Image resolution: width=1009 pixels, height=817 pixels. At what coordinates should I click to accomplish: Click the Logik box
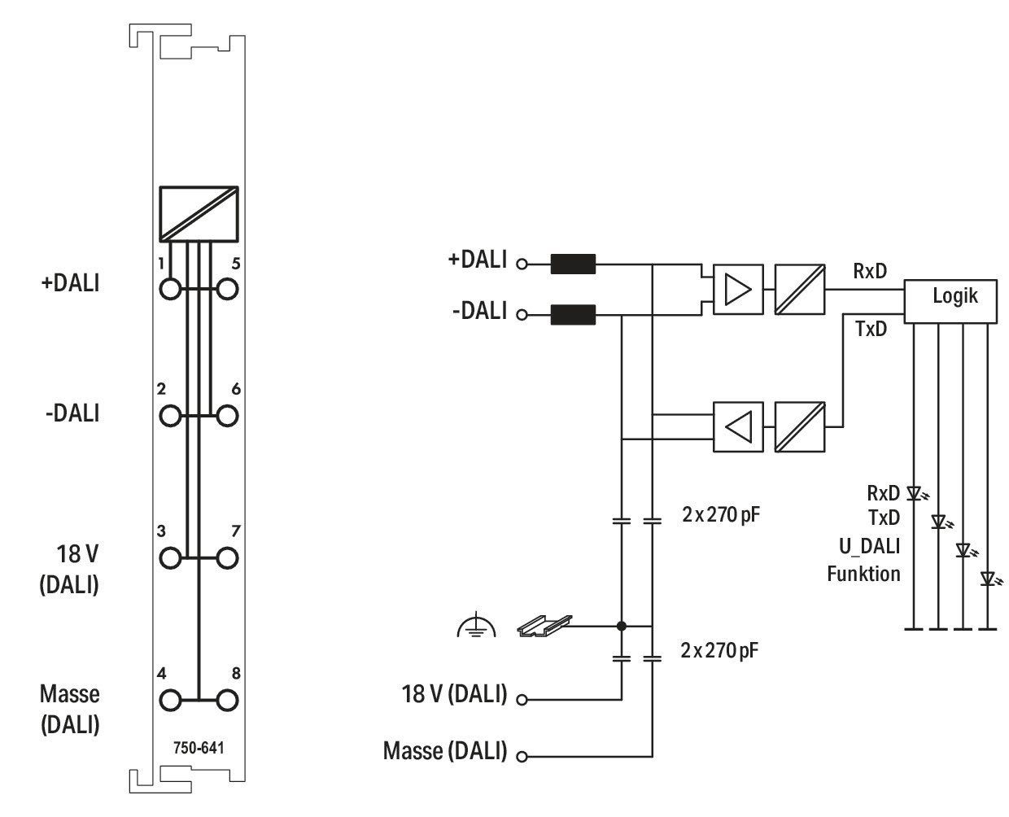(950, 301)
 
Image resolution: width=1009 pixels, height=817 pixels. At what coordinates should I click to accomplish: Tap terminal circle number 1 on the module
(170, 289)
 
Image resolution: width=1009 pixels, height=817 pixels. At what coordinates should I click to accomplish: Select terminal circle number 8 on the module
(227, 700)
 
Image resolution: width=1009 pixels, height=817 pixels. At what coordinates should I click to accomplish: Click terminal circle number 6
(227, 416)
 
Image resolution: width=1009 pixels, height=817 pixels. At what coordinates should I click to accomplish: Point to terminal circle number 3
(170, 558)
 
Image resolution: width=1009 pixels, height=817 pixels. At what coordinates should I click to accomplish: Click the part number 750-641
(199, 747)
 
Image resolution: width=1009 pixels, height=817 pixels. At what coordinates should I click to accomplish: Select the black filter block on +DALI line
(573, 264)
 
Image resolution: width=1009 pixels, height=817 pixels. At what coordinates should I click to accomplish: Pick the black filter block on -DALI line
(573, 314)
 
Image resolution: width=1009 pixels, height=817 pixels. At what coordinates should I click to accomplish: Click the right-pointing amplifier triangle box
(738, 289)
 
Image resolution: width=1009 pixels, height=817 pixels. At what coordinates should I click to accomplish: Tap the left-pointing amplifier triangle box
(738, 426)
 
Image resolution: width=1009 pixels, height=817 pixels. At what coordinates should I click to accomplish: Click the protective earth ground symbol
(477, 625)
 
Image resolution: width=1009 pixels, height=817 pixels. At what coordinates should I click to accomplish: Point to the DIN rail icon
(544, 626)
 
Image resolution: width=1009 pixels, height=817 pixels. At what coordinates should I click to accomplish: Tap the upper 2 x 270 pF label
(720, 514)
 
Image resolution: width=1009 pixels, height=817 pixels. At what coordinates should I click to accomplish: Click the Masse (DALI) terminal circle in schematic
(522, 757)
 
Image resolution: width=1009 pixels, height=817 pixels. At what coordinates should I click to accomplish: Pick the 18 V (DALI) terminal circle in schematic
(522, 700)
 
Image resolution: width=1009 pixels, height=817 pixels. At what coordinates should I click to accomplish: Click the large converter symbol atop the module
(199, 213)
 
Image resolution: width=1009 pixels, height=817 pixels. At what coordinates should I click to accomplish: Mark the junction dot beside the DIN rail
(622, 626)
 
